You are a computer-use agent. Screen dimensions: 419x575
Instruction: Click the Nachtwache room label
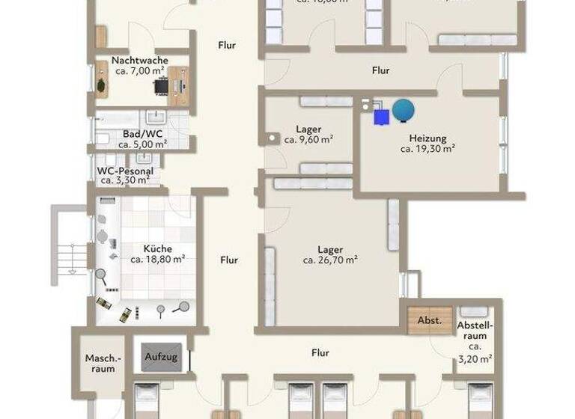tap(139, 60)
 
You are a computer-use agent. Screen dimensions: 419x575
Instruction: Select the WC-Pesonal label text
tap(125, 171)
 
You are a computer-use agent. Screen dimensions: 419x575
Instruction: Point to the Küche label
tap(157, 248)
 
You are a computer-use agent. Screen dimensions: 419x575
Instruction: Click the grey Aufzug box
tap(161, 357)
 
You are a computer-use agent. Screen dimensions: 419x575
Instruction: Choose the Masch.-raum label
tap(100, 363)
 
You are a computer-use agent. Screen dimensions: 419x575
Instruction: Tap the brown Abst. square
tap(430, 320)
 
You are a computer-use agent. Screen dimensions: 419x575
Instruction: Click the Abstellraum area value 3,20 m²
tap(475, 359)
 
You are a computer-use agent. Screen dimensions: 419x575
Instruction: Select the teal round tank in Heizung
tap(404, 111)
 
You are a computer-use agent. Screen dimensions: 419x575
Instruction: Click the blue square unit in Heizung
tap(382, 117)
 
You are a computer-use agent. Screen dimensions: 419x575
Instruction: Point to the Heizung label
tap(428, 138)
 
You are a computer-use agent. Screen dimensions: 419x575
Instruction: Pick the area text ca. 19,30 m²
tap(428, 149)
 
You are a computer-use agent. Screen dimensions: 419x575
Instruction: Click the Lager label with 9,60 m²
tap(308, 129)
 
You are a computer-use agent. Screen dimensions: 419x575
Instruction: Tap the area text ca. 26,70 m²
tap(329, 260)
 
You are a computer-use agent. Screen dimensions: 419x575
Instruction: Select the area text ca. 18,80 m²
tap(157, 260)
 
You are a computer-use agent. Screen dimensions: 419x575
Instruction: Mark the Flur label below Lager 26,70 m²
tap(320, 352)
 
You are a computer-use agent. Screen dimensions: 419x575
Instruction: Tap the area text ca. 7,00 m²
tap(139, 71)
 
